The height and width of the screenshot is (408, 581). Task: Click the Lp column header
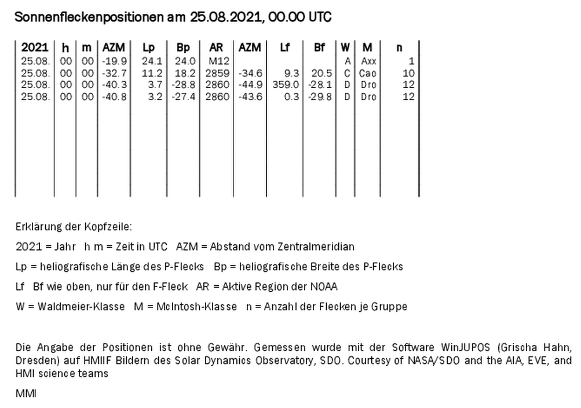149,48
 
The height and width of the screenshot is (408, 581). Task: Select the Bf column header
319,48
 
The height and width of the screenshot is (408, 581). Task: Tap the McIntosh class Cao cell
368,73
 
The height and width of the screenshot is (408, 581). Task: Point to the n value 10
408,73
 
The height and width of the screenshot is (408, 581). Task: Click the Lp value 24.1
149,61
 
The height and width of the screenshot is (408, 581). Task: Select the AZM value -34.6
251,73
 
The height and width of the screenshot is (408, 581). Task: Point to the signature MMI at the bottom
25,394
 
